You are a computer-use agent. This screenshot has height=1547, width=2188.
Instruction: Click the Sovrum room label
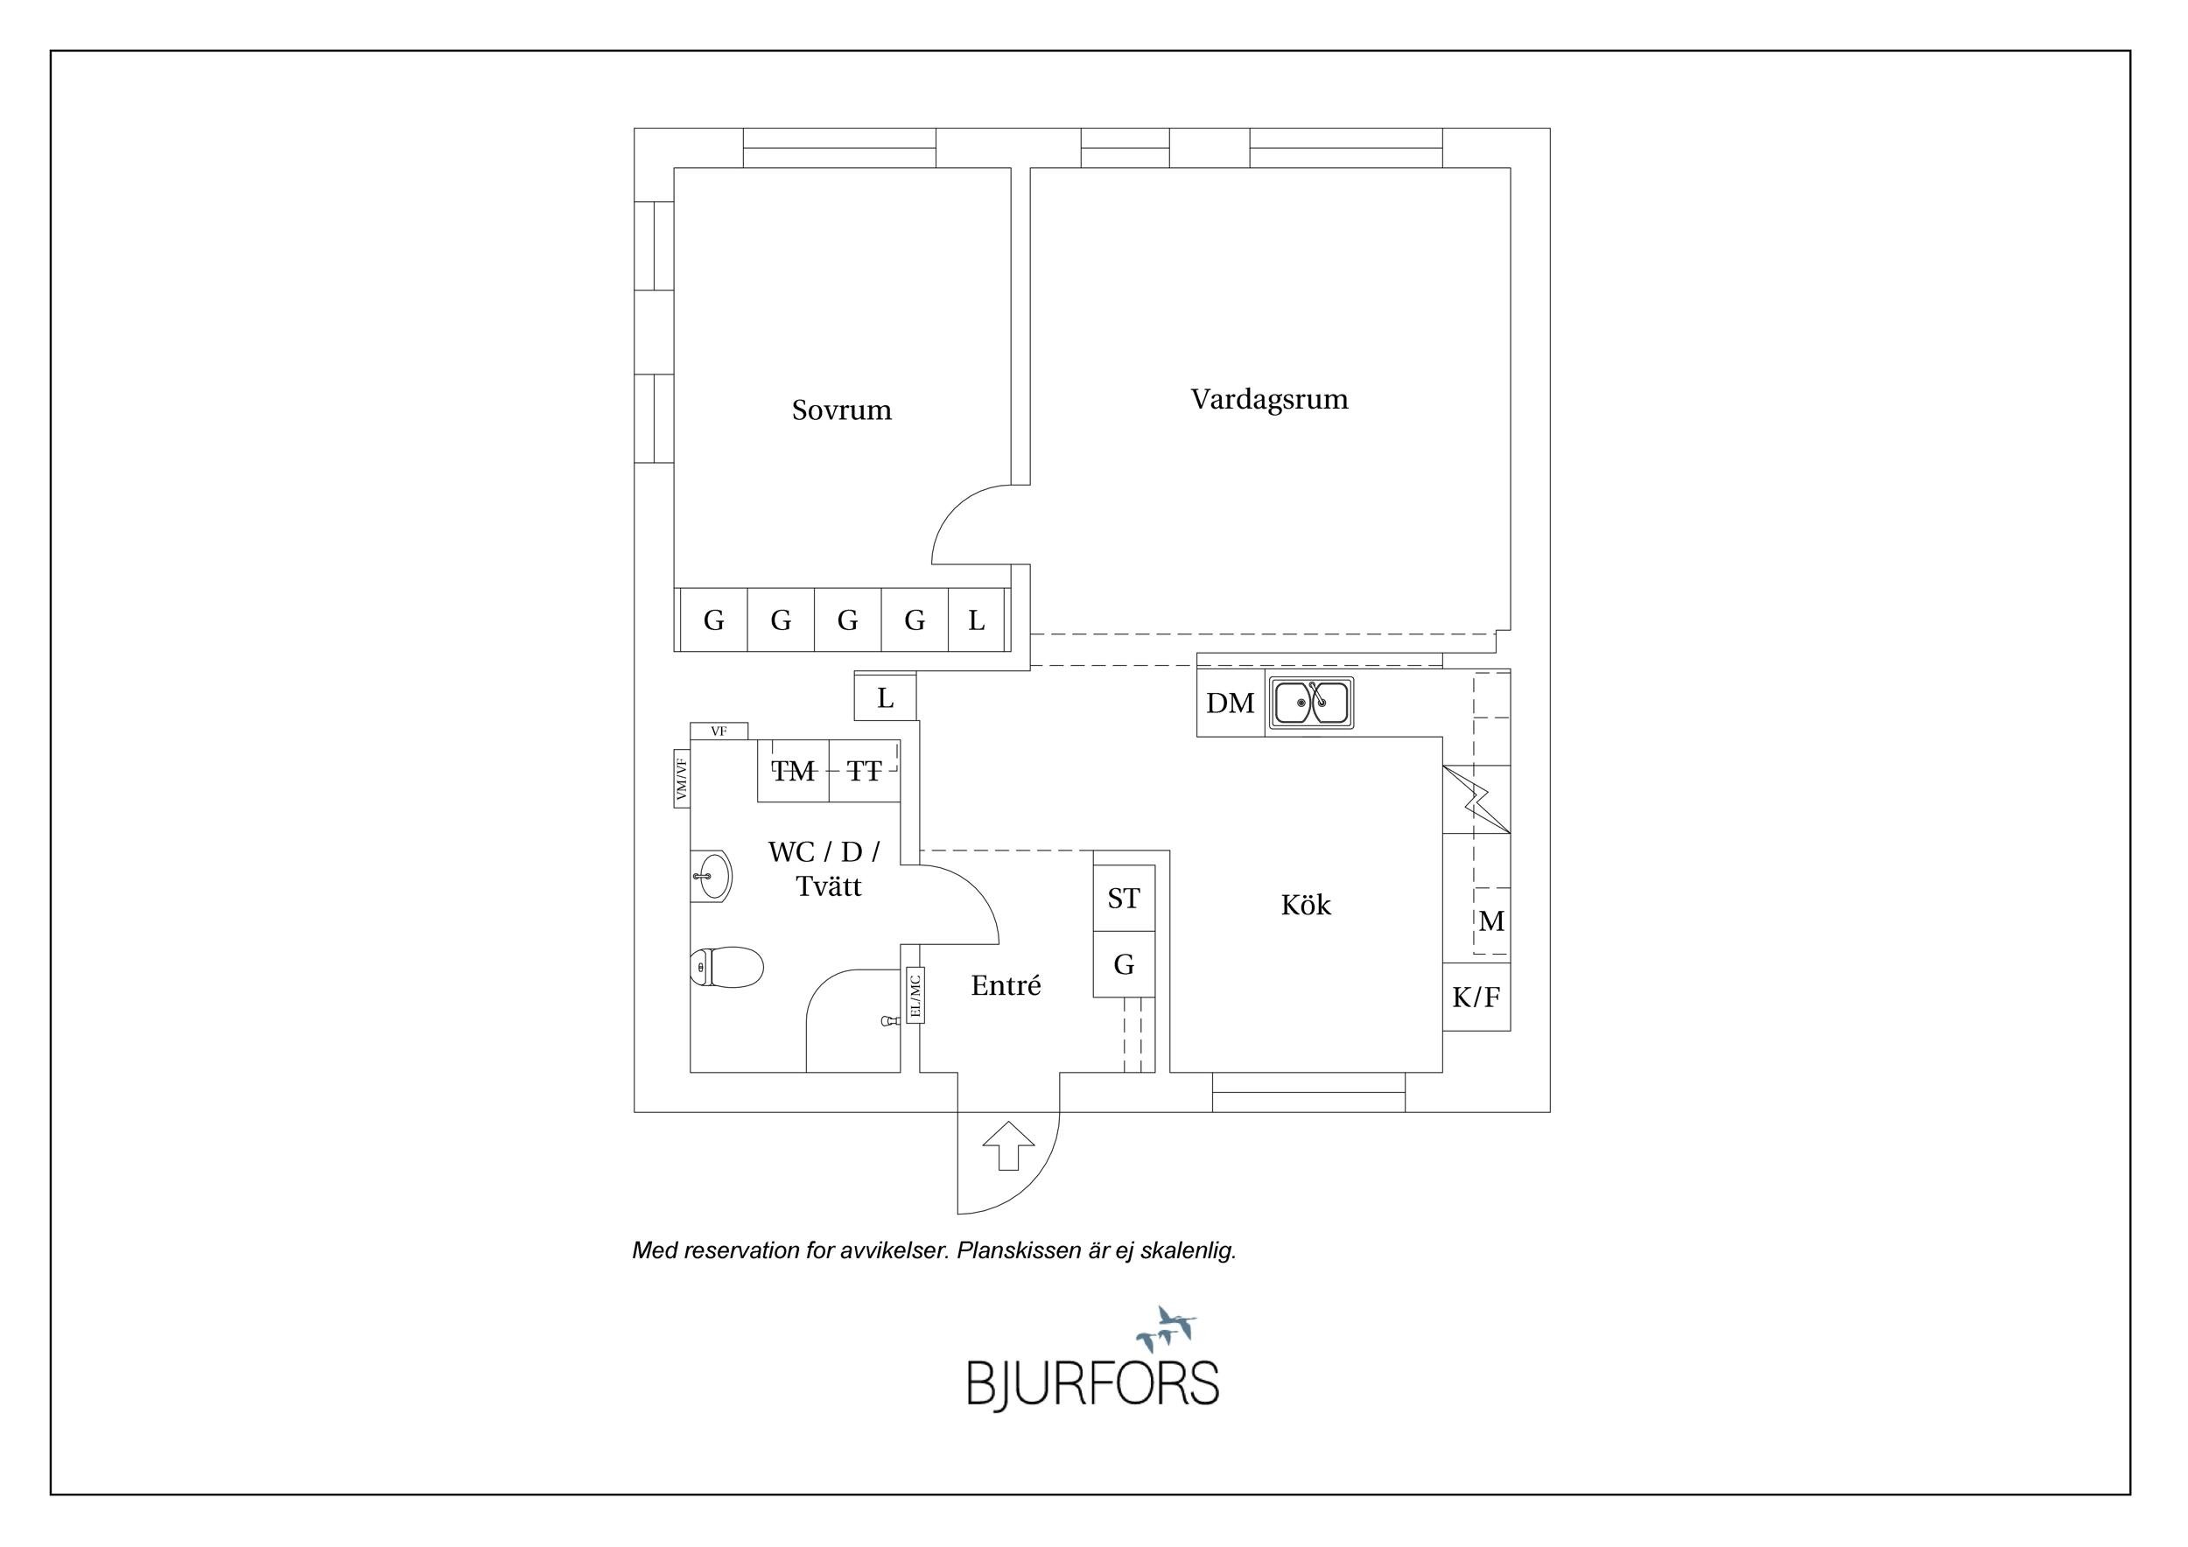pos(841,409)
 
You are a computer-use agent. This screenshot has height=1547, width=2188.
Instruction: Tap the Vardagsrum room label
pos(1269,399)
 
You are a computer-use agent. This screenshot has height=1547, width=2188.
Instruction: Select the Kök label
pos(1306,904)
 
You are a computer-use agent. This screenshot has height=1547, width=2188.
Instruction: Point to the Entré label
pos(1006,985)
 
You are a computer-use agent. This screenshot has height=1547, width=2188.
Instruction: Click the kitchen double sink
pos(1311,704)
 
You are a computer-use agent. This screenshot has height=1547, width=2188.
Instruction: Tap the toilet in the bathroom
pos(726,968)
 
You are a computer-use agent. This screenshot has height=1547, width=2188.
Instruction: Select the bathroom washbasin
pos(711,875)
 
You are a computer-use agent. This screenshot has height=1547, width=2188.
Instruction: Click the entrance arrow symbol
pos(1008,1146)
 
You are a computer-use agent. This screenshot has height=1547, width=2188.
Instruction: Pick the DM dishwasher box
pos(1231,703)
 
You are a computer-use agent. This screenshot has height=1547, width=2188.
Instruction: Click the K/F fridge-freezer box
pos(1476,997)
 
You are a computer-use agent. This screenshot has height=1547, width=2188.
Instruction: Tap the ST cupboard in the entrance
pos(1125,899)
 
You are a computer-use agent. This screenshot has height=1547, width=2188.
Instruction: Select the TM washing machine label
pos(794,771)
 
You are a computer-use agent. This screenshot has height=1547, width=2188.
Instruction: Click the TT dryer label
pos(865,771)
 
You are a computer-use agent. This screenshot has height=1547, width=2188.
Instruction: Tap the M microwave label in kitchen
pos(1491,921)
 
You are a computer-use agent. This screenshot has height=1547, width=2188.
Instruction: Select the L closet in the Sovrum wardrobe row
pos(977,620)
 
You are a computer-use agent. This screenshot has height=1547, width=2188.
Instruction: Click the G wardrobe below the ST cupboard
pos(1125,965)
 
